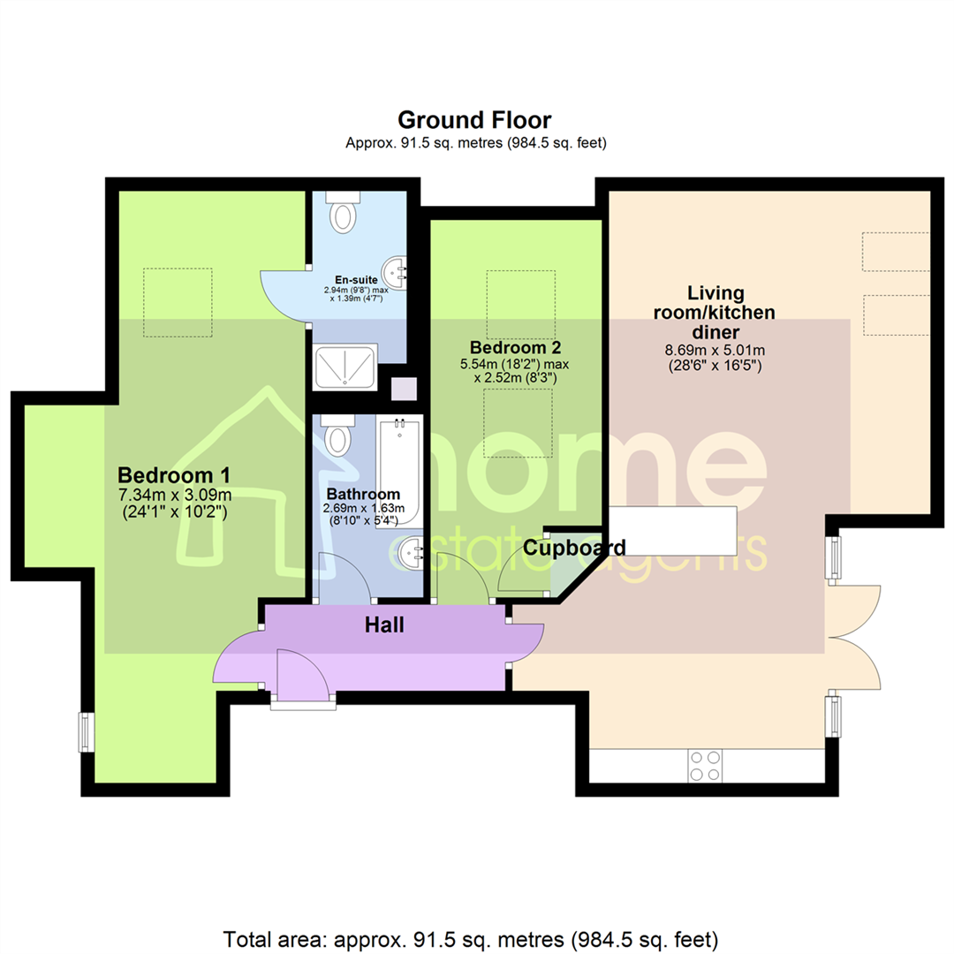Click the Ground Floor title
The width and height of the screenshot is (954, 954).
pos(475,119)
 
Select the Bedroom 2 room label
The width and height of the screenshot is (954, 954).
pos(516,347)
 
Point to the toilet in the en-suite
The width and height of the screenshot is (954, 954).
pos(341,210)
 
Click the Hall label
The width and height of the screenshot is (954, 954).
pos(384,625)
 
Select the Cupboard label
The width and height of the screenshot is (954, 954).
pos(575,548)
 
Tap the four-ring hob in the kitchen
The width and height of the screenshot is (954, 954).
pos(705,765)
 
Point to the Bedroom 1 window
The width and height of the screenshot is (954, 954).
pos(86,731)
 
